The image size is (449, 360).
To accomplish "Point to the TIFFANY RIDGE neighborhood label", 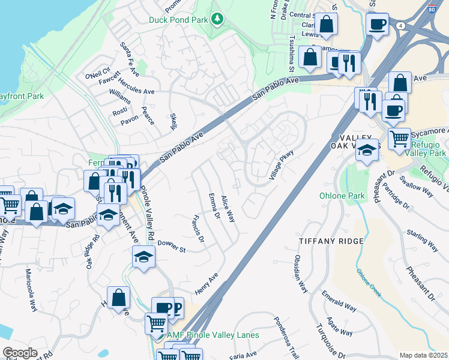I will coord(331,241).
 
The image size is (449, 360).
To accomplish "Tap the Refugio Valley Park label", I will coord(430,153).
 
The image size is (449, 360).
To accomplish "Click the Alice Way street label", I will coord(228,209).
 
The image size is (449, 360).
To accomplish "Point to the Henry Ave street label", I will coord(206,283).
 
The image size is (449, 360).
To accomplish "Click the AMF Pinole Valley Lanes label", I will coord(213,335).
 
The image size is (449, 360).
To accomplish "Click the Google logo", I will coord(20,353).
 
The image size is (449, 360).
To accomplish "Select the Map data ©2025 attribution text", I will coord(423,355).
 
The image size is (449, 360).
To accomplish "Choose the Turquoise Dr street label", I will coord(327,340).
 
